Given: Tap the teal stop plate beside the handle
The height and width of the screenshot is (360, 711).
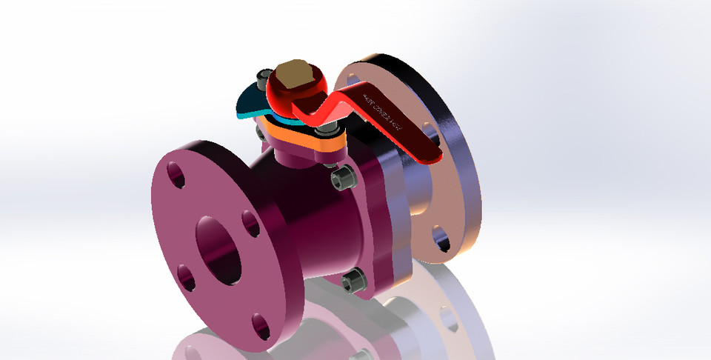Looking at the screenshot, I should (247, 103).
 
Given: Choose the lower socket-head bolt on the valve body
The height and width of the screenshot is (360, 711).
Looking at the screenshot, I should (354, 281).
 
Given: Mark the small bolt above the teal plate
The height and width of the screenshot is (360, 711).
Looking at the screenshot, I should (261, 76).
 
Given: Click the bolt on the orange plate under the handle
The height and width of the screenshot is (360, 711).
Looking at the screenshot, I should (326, 133).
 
